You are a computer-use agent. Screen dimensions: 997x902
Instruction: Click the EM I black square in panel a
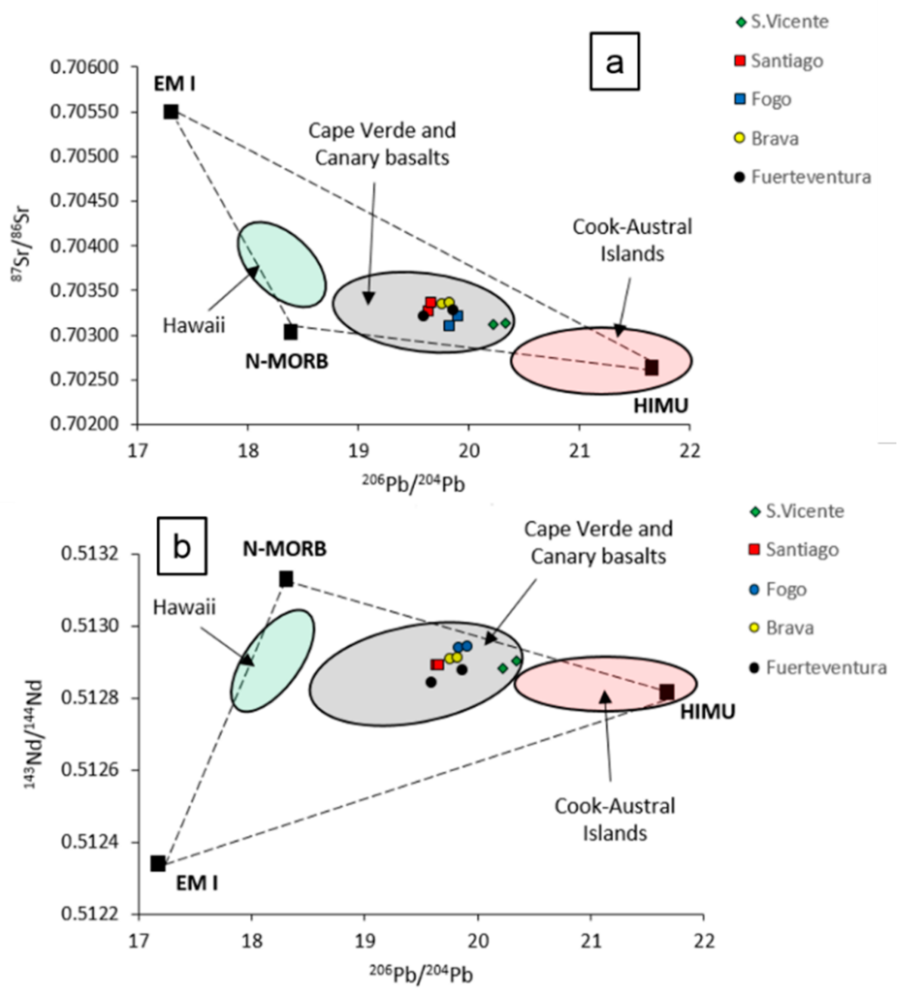pos(170,112)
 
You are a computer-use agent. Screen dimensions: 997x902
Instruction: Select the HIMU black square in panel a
pos(651,367)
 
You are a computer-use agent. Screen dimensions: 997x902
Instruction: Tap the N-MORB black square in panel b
pos(286,579)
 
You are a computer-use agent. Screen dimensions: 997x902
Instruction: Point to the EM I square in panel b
pos(158,863)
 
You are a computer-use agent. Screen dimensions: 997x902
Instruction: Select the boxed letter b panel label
pos(182,547)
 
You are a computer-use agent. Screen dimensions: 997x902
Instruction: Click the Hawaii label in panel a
pos(194,326)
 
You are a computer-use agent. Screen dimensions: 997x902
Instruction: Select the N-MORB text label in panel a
pos(287,361)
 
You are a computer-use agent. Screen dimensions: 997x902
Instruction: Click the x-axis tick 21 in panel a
pos(579,451)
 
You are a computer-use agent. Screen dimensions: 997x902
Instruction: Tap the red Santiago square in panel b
pos(437,664)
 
